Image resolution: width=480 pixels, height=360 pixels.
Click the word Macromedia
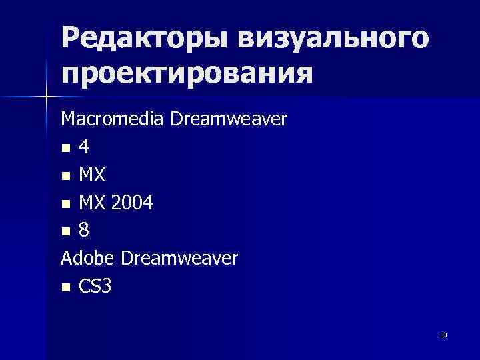(x=113, y=119)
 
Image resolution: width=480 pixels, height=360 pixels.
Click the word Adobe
(x=87, y=258)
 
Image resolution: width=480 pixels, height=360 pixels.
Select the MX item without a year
(x=91, y=175)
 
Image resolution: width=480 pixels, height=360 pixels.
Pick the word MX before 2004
(x=91, y=203)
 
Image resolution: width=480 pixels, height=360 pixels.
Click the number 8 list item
(x=83, y=231)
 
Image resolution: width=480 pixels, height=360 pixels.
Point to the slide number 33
(x=443, y=335)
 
